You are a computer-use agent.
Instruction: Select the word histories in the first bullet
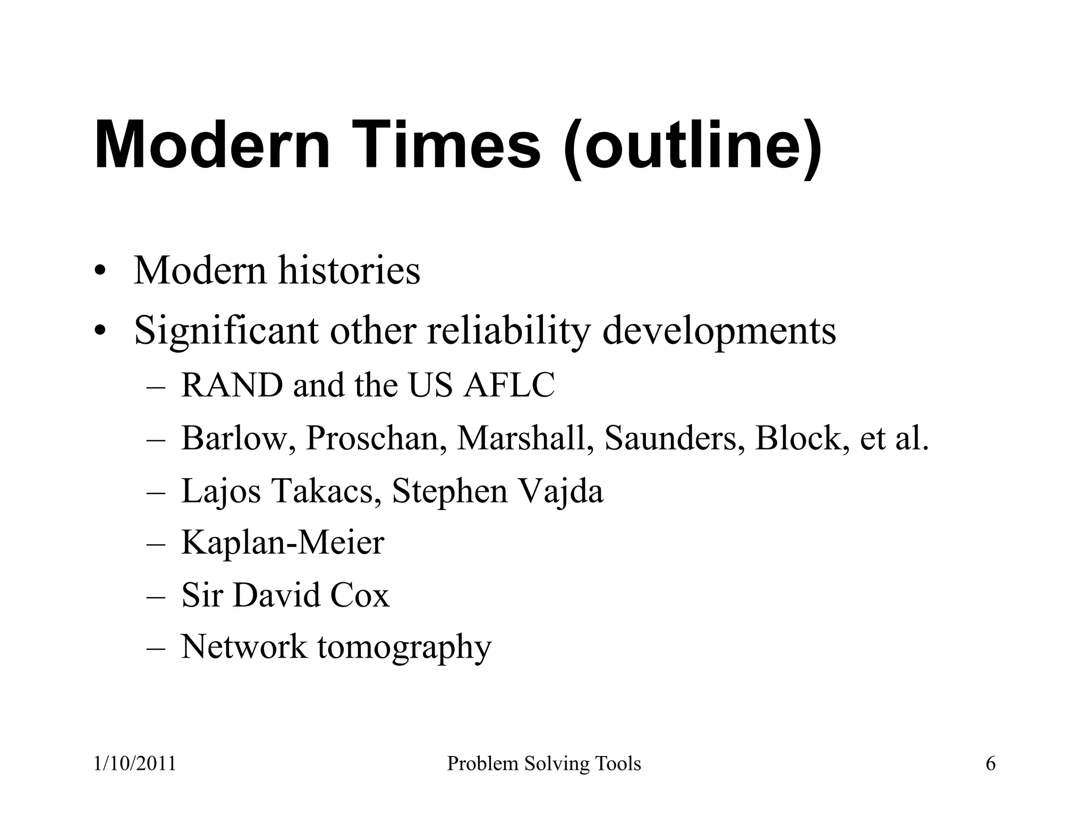[349, 271]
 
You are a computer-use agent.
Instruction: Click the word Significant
[225, 330]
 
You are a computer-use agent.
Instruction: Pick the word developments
[719, 330]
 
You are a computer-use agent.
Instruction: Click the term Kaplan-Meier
[283, 542]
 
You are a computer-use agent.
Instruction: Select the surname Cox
[360, 595]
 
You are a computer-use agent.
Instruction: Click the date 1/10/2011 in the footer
[135, 764]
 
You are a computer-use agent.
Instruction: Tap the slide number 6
[990, 764]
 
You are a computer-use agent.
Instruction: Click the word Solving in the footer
[549, 764]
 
